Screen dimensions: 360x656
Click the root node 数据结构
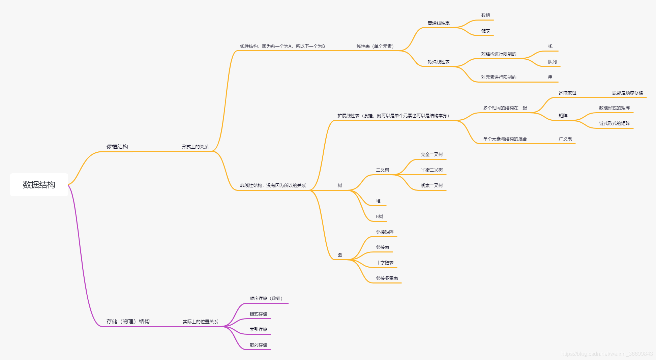(x=39, y=185)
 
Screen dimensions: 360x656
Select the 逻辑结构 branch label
(x=117, y=147)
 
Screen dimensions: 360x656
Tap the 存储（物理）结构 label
(x=128, y=322)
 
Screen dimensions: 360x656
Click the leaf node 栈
(x=550, y=46)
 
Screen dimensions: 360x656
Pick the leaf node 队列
(x=552, y=62)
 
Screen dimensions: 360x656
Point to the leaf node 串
(x=550, y=77)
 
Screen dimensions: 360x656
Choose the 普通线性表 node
(x=439, y=23)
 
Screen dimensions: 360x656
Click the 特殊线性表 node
(x=439, y=62)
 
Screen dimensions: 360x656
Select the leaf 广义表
(x=565, y=139)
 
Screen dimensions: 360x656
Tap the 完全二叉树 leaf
(x=432, y=154)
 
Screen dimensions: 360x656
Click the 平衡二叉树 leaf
(x=432, y=170)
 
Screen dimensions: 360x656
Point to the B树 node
(x=380, y=216)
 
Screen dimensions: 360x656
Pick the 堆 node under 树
(x=378, y=201)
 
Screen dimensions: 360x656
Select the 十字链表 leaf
(x=385, y=263)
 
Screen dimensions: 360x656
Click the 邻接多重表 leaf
(x=387, y=278)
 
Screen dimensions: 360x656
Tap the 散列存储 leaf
(x=259, y=345)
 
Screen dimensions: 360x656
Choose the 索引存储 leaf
(x=259, y=329)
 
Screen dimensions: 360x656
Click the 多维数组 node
(x=567, y=93)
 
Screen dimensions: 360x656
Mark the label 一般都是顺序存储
(x=625, y=93)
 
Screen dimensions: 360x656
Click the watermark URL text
(x=607, y=354)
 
